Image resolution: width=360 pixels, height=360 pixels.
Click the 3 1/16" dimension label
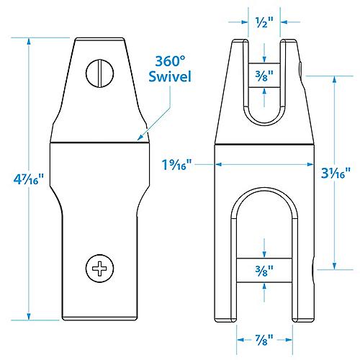pos(337,172)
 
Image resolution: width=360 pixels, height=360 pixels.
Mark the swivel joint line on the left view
pos(96,142)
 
